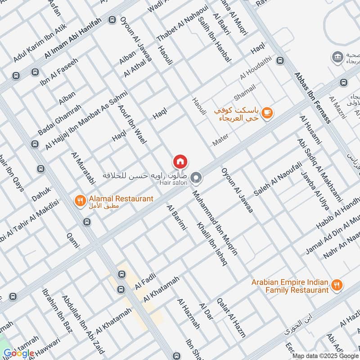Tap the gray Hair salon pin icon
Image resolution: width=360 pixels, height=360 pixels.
(x=196, y=179)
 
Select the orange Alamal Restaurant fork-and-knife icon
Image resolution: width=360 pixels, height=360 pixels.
(x=80, y=201)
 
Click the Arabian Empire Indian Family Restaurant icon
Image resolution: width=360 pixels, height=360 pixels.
(x=336, y=284)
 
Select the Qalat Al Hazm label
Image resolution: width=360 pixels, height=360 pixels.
(x=231, y=318)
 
